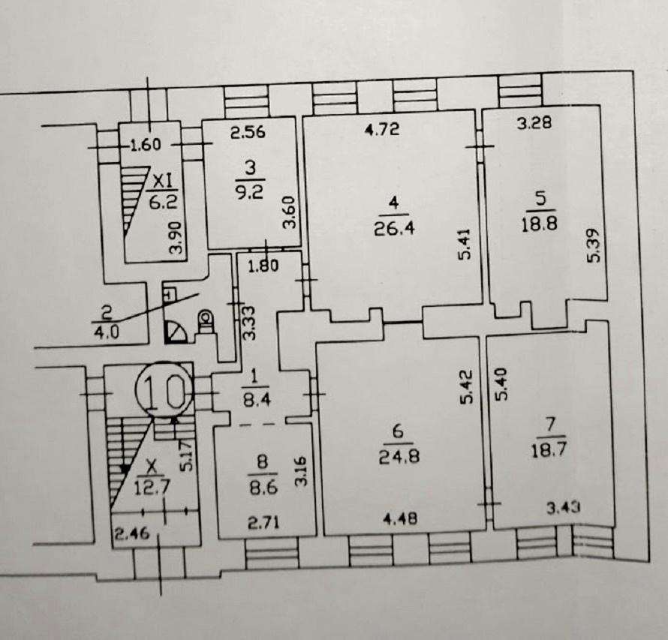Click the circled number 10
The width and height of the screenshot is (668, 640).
(x=164, y=389)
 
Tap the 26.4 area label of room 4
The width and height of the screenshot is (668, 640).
(x=394, y=229)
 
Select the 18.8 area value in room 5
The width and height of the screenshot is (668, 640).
(x=540, y=224)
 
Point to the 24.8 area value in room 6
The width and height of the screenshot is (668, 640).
(x=399, y=456)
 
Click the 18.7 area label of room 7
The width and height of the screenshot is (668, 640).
(x=549, y=450)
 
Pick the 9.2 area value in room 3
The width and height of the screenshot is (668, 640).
(x=250, y=192)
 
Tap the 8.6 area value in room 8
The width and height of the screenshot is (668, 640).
(x=263, y=487)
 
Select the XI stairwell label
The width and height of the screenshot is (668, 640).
(x=162, y=182)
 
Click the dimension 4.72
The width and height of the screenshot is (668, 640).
(x=383, y=128)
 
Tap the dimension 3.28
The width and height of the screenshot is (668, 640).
(x=534, y=122)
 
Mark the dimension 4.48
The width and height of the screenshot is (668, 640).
(x=401, y=518)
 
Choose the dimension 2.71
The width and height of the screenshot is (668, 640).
(x=264, y=522)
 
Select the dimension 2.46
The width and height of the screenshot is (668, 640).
(x=132, y=533)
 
